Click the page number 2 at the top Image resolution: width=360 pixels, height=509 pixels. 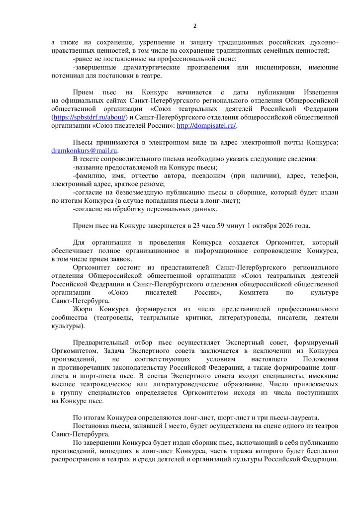(194, 26)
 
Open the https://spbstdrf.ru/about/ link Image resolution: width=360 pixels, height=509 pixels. (90, 117)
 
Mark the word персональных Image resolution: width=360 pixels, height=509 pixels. (166, 209)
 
